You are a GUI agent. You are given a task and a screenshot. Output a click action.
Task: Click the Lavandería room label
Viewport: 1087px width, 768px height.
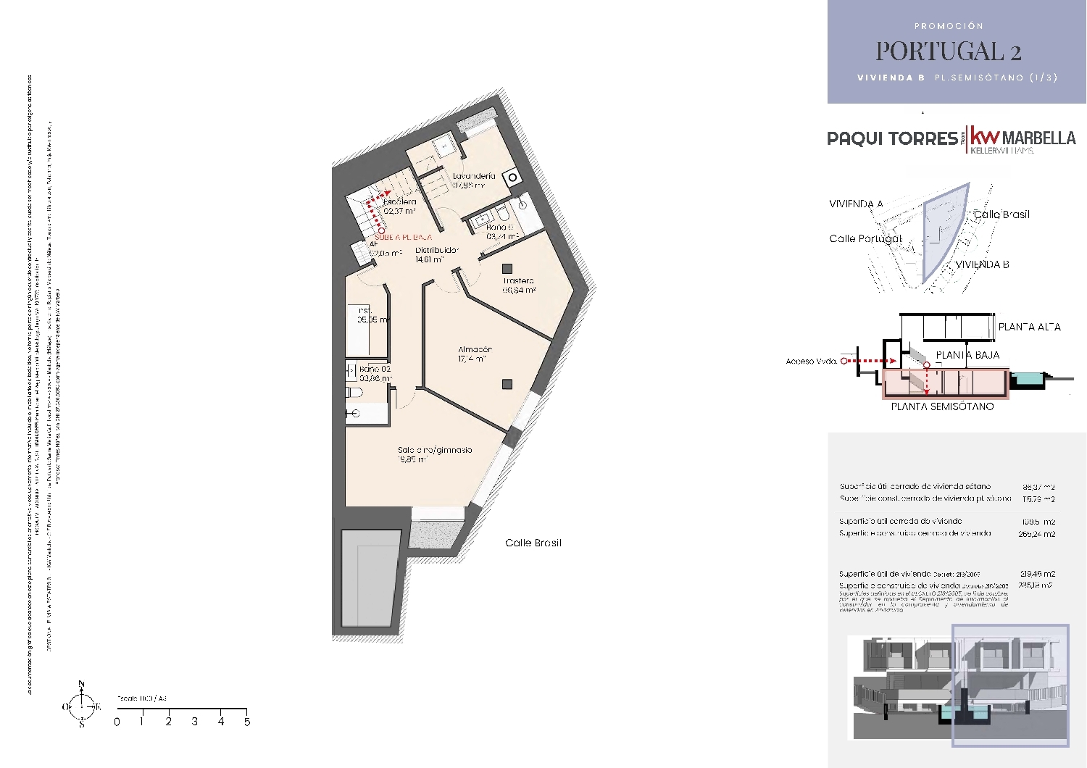[474, 176]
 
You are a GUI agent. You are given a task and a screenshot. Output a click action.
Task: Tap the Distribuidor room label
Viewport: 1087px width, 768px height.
[436, 250]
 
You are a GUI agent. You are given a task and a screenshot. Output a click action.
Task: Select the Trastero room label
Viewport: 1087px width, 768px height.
[519, 280]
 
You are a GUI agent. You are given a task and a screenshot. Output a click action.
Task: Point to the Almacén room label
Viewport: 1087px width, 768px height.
[475, 349]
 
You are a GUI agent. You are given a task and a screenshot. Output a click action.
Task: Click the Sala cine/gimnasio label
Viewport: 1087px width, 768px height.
[434, 450]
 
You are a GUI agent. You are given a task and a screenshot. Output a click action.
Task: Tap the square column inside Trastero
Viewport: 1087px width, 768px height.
[508, 268]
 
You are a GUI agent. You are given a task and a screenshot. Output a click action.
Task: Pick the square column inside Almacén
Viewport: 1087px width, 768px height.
[507, 384]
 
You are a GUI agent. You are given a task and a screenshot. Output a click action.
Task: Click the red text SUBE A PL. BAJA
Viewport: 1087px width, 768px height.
[403, 237]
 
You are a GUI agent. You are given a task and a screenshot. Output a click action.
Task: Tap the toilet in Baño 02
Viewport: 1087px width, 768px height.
[354, 392]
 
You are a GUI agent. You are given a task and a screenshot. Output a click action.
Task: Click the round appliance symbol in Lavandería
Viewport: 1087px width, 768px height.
[512, 176]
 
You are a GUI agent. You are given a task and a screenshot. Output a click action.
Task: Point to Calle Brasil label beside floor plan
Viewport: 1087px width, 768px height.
[533, 543]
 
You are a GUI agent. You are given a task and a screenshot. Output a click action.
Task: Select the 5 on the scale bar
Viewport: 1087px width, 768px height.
[246, 722]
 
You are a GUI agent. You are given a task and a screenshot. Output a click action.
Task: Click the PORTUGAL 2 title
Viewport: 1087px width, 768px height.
[948, 51]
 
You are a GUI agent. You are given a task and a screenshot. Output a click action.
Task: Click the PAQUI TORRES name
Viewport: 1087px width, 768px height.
[892, 138]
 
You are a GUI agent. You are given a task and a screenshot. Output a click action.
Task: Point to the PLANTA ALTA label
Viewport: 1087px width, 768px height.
[1029, 327]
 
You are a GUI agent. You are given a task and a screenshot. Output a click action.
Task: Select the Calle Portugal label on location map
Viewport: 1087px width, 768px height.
[865, 238]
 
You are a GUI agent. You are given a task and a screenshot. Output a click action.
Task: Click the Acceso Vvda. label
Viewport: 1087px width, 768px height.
[811, 361]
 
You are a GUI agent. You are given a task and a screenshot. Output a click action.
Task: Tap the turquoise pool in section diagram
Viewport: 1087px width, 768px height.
[1026, 378]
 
